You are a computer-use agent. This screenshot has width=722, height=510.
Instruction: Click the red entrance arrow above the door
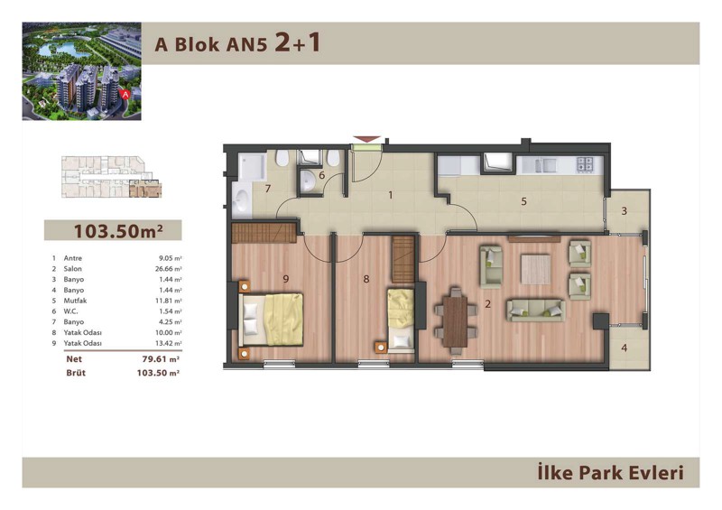tap(367, 139)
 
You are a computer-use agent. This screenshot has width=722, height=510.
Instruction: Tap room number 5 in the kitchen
tap(523, 201)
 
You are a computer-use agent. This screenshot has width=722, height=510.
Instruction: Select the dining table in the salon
tap(456, 321)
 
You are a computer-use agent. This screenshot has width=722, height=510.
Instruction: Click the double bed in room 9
tap(271, 320)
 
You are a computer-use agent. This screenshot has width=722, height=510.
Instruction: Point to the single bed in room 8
tap(401, 320)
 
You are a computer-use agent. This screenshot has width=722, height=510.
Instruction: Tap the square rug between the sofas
tap(535, 270)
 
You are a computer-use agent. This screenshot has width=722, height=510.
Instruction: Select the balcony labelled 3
tap(626, 211)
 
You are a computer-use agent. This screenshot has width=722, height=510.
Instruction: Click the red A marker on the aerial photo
tap(125, 94)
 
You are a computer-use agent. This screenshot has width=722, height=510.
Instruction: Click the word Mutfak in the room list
tap(75, 301)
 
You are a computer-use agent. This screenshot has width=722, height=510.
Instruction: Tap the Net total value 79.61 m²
tap(161, 359)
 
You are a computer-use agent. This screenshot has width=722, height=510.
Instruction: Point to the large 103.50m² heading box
tap(113, 230)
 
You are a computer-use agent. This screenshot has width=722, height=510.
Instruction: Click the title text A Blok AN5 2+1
tap(237, 43)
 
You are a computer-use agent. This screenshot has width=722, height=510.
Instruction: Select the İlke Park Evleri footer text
tap(611, 473)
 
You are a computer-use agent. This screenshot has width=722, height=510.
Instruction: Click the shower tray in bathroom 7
tap(252, 166)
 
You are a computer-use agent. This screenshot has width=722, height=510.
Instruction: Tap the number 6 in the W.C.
tap(321, 175)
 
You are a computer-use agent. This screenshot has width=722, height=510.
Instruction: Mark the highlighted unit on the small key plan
tap(145, 189)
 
